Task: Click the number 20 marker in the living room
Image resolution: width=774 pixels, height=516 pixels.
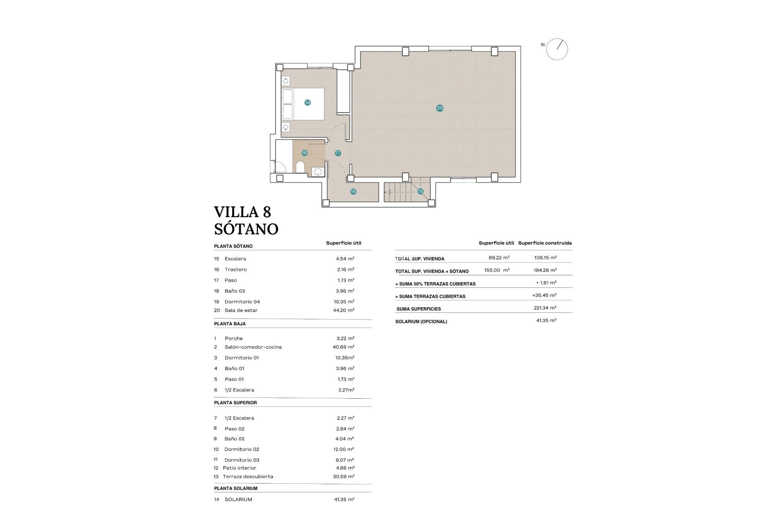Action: point(439,108)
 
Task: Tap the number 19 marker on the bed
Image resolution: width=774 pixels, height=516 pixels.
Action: point(307,102)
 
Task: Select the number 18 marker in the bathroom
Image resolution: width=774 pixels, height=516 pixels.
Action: point(304,153)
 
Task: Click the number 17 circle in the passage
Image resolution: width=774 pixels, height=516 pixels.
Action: point(338,153)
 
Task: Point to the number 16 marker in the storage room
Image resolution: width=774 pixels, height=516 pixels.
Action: point(353,191)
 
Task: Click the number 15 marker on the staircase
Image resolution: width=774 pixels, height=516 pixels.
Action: point(420,191)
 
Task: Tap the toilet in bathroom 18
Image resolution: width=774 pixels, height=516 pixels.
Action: point(300,167)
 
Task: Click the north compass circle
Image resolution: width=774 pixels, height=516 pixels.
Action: point(557,49)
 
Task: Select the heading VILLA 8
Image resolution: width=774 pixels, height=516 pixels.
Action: point(242,212)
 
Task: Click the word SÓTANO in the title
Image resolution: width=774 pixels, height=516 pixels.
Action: point(246,229)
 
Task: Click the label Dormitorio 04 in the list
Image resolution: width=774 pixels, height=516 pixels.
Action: point(242,302)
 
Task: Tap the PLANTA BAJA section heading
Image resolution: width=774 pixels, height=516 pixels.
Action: point(230,324)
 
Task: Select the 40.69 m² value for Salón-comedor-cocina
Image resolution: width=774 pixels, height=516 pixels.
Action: point(343,347)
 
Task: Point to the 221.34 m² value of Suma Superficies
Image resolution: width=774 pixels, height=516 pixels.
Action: point(545,308)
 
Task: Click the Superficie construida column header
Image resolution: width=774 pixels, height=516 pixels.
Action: point(545,243)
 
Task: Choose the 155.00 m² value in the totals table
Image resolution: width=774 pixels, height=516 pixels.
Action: point(497,270)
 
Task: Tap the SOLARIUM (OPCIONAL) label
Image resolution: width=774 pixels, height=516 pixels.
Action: point(421,322)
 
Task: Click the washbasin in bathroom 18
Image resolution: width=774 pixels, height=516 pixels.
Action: point(318,172)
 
